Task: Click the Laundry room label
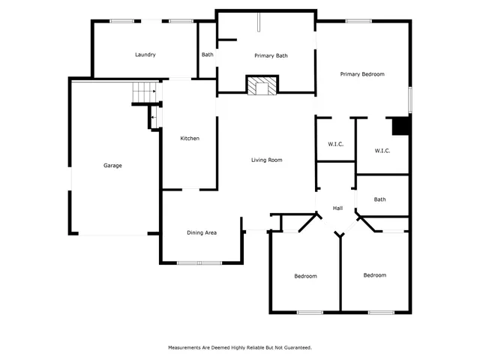145,55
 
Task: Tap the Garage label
112,166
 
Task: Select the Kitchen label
190,139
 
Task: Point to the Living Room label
266,160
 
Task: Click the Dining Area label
202,233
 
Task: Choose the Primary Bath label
271,55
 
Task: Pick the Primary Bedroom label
362,74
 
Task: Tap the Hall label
337,208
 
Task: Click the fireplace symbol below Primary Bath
262,86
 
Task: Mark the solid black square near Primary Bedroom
402,127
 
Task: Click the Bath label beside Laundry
207,55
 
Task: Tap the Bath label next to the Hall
380,199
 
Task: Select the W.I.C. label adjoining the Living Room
335,144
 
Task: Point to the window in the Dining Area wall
199,263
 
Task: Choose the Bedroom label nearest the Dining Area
305,276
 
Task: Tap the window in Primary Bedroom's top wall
358,21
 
